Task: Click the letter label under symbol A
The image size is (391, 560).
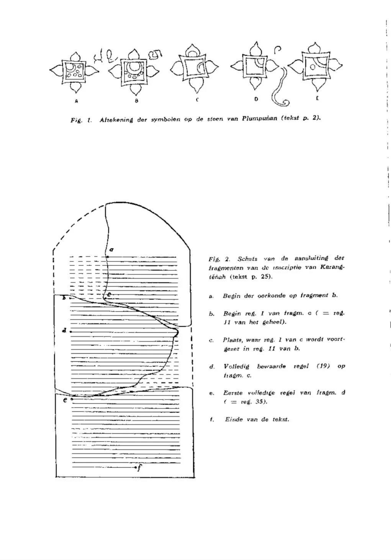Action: pyautogui.click(x=76, y=101)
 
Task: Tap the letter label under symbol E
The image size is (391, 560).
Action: pyautogui.click(x=317, y=98)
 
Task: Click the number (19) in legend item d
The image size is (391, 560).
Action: pyautogui.click(x=323, y=366)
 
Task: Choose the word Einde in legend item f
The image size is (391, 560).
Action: pyautogui.click(x=234, y=419)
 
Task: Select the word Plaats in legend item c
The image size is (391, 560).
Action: pyautogui.click(x=232, y=340)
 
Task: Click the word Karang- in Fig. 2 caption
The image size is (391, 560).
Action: pyautogui.click(x=332, y=267)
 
